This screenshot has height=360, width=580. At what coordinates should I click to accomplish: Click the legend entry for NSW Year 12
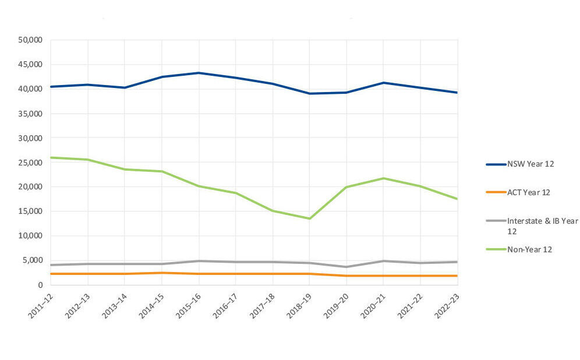pos(530,164)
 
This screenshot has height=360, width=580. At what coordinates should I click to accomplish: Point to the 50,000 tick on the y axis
pos(31,40)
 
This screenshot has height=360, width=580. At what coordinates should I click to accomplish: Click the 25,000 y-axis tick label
pos(31,163)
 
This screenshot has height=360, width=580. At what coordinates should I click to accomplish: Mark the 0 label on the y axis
pos(40,285)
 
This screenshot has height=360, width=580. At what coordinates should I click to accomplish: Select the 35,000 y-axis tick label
pos(31,114)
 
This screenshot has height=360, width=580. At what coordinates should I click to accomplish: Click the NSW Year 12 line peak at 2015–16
pos(199,73)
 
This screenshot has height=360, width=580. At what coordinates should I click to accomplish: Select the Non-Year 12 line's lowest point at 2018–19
pos(309,218)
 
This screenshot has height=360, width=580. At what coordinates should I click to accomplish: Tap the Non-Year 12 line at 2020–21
pos(383,178)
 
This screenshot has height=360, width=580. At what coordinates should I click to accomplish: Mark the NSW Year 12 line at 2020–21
pos(383,83)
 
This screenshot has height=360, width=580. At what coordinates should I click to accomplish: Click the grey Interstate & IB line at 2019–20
pos(346,267)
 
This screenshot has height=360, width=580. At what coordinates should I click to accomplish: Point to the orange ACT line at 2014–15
pos(162,273)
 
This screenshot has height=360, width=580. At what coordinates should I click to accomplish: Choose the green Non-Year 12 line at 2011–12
pos(51,157)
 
